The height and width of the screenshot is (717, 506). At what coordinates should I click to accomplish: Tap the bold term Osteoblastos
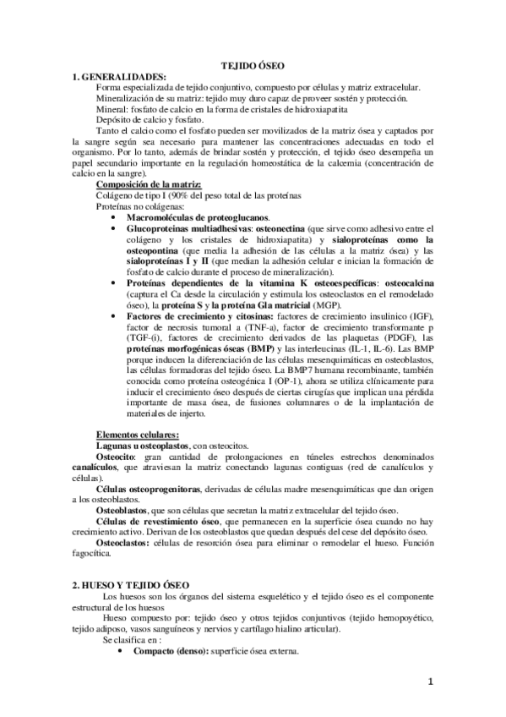pos(123,511)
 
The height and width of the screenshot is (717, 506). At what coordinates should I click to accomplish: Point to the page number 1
pos(429,681)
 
